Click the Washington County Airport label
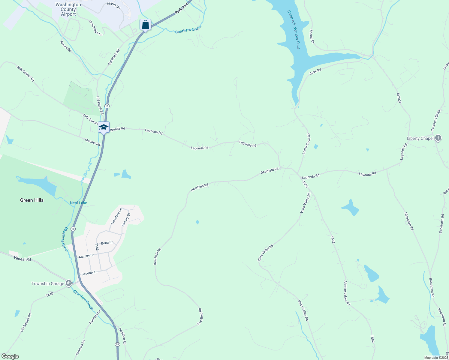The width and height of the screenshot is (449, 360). [68, 9]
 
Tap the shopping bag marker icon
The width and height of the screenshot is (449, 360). [145, 25]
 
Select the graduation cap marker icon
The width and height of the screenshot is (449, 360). [104, 127]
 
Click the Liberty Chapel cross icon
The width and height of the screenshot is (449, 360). [438, 138]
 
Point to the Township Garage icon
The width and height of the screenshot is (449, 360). [69, 283]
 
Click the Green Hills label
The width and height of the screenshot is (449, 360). [32, 200]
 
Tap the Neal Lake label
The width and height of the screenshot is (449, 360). [78, 203]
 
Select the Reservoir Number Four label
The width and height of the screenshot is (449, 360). [294, 29]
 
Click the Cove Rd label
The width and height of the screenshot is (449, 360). [315, 71]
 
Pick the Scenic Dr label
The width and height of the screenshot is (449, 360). [312, 36]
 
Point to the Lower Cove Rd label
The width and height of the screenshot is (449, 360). [306, 144]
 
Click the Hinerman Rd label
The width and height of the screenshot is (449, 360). [409, 221]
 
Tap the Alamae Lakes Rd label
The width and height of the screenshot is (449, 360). [347, 293]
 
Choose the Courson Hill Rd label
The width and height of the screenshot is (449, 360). [436, 120]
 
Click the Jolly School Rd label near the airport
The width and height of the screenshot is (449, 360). [26, 74]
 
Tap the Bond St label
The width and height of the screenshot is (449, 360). [107, 243]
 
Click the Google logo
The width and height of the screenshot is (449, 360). [10, 356]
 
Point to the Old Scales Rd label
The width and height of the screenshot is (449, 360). [26, 322]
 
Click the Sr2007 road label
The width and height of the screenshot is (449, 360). [399, 98]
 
